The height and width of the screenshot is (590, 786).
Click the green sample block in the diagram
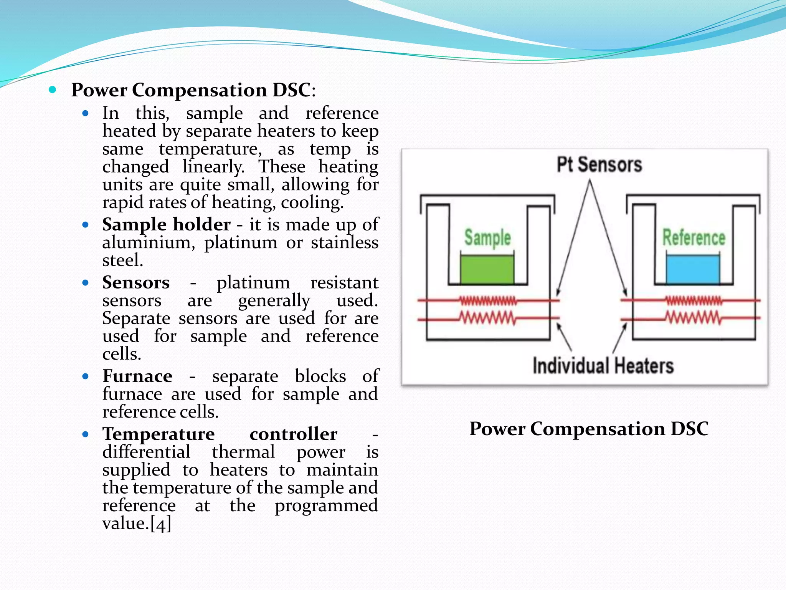(x=487, y=270)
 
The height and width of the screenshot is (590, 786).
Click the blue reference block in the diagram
(x=693, y=270)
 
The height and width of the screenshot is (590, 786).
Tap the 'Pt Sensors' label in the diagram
(x=599, y=165)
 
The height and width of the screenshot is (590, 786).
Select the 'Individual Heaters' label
(x=603, y=366)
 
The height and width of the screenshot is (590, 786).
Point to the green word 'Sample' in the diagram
(x=487, y=238)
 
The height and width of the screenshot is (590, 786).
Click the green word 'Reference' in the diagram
(x=694, y=238)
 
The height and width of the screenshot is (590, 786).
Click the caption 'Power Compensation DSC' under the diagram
(x=589, y=429)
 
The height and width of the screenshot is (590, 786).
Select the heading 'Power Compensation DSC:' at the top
(x=193, y=90)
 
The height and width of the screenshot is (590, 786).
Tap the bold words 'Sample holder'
(x=166, y=225)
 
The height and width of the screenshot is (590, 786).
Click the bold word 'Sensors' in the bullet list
(x=136, y=283)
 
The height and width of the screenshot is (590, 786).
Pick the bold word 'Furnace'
(x=137, y=376)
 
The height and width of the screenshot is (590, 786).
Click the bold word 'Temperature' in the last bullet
(x=159, y=434)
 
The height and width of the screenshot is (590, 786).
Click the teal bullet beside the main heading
(x=53, y=90)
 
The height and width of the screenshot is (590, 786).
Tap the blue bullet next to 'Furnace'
(x=86, y=376)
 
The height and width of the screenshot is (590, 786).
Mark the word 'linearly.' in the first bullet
(x=213, y=167)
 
